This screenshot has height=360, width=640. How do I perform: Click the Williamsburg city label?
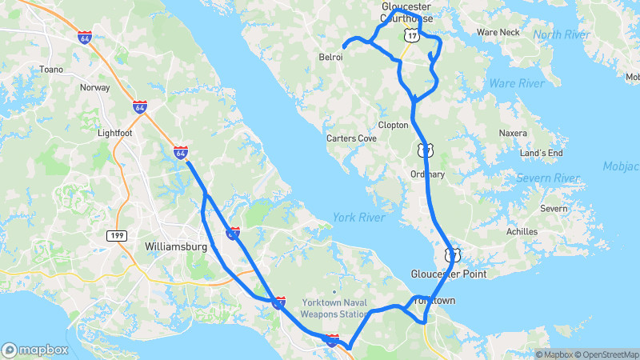tap(175, 246)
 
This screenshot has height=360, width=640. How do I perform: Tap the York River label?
tap(358, 217)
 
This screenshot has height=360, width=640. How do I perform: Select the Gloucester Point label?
tap(449, 274)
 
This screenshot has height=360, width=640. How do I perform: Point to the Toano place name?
tap(50, 70)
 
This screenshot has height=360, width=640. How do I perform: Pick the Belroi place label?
tap(331, 58)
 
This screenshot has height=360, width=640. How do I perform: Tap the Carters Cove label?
tap(351, 138)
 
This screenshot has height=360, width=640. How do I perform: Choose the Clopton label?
tap(393, 125)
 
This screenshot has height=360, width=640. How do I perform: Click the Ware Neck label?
tap(498, 33)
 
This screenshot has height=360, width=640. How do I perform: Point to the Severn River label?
tap(547, 178)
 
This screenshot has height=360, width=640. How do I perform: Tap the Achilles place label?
tap(522, 231)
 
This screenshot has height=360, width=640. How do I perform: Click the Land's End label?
tap(542, 153)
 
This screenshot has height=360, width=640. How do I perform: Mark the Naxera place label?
tap(513, 133)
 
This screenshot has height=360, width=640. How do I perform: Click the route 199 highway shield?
tap(115, 234)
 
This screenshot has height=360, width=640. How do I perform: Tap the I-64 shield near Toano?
tap(85, 37)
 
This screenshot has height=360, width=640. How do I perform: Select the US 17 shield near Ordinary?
tap(424, 149)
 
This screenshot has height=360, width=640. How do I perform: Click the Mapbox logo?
tap(34, 350)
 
